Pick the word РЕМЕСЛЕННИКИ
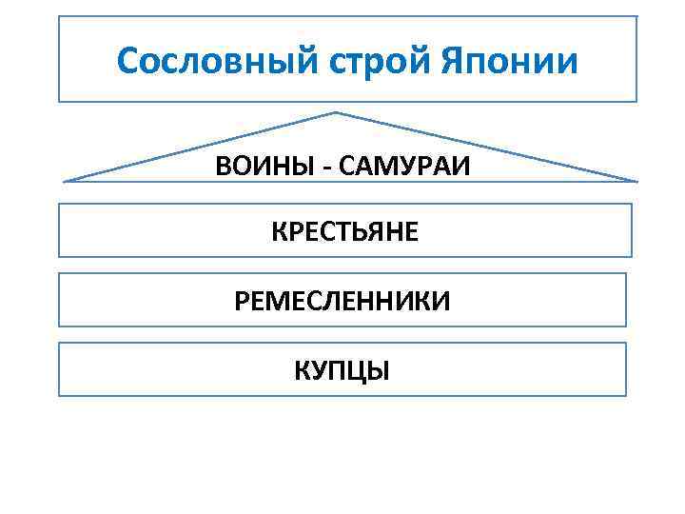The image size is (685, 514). pyautogui.click(x=342, y=302)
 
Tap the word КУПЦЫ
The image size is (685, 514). pyautogui.click(x=342, y=370)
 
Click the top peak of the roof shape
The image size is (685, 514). pyautogui.click(x=336, y=112)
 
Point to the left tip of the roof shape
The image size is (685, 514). pyautogui.click(x=64, y=180)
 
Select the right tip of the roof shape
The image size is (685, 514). pyautogui.click(x=636, y=181)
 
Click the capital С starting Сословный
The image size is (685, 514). pyautogui.click(x=127, y=62)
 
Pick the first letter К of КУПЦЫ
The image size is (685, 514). pyautogui.click(x=301, y=370)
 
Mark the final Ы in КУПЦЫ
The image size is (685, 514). pyautogui.click(x=381, y=370)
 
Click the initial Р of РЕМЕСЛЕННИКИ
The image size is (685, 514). pyautogui.click(x=241, y=302)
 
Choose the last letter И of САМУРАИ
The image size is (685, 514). pyautogui.click(x=462, y=168)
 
